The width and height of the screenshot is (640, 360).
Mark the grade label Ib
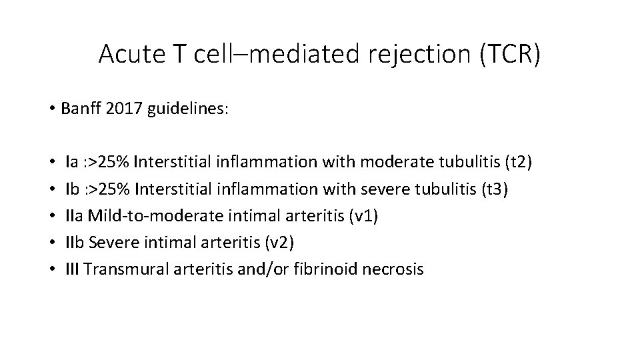(73, 189)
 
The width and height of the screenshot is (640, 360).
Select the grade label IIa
(75, 216)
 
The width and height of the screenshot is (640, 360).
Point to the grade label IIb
(75, 243)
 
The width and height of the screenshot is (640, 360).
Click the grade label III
(73, 269)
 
